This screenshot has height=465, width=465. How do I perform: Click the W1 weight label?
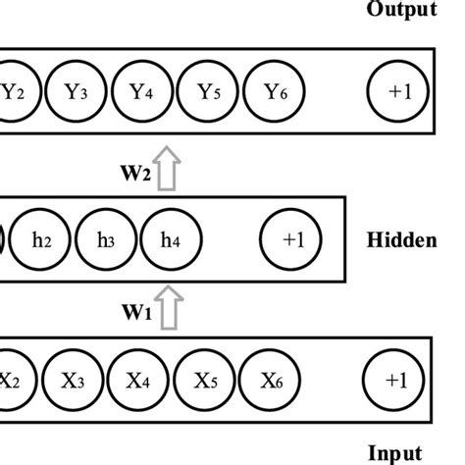click(x=136, y=314)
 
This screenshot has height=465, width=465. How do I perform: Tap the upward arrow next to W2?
click(x=168, y=171)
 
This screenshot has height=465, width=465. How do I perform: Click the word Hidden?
click(x=403, y=239)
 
